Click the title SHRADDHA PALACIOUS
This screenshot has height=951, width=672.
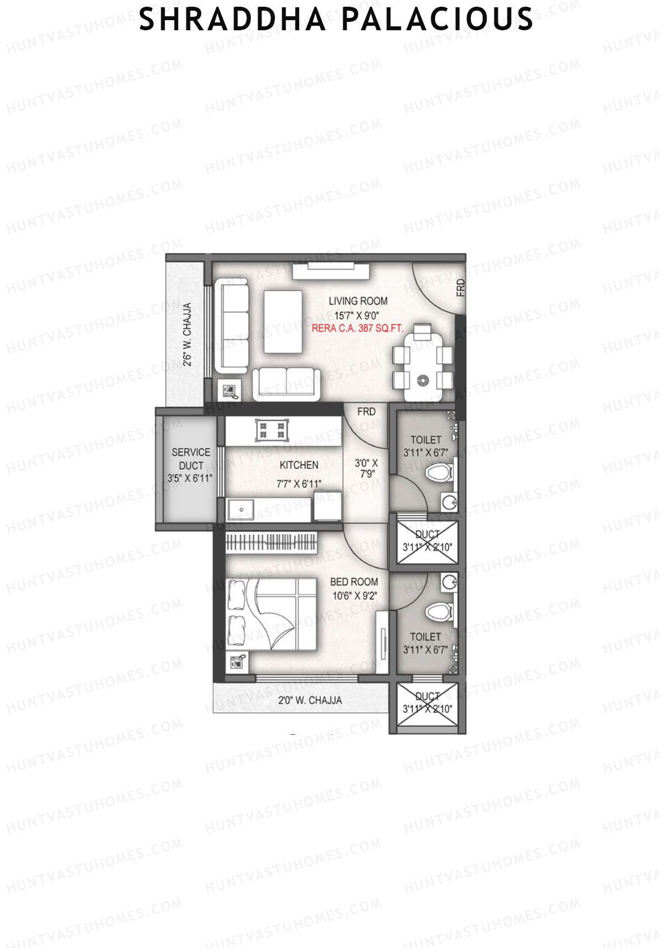pyautogui.click(x=336, y=19)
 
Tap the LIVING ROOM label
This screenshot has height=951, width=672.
pyautogui.click(x=358, y=301)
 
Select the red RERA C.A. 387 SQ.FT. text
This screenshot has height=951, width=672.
pyautogui.click(x=357, y=328)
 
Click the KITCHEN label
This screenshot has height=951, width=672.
pyautogui.click(x=299, y=465)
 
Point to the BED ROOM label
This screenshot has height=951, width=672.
pyautogui.click(x=354, y=582)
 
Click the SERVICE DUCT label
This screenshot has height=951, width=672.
pyautogui.click(x=190, y=458)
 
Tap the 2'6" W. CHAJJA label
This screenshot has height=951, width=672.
pyautogui.click(x=188, y=335)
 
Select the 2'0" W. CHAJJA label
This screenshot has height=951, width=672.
pyautogui.click(x=310, y=700)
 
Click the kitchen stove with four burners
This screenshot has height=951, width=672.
pyautogui.click(x=270, y=430)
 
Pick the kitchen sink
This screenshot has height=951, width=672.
pyautogui.click(x=241, y=509)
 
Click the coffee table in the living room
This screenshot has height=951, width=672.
pyautogui.click(x=282, y=321)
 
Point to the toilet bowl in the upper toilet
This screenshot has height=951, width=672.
pyautogui.click(x=438, y=472)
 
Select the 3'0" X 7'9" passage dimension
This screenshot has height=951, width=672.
pyautogui.click(x=366, y=468)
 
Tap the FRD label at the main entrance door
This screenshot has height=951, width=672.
pyautogui.click(x=460, y=287)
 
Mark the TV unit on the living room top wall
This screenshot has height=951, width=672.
pyautogui.click(x=331, y=270)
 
